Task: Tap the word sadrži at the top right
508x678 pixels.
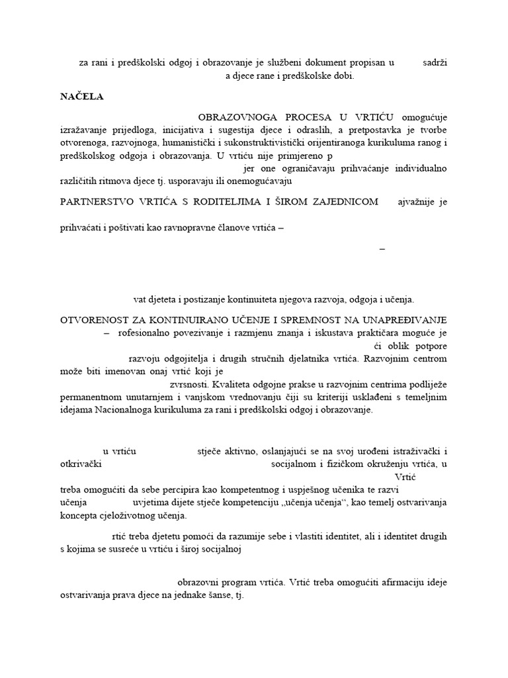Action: pyautogui.click(x=435, y=62)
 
